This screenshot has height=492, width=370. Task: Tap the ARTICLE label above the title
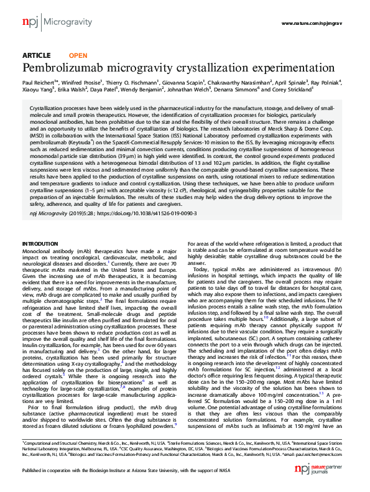click(36, 55)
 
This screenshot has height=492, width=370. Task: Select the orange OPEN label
click(78, 55)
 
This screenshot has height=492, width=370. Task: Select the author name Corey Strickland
click(292, 90)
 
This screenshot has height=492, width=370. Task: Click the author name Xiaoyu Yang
click(37, 90)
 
